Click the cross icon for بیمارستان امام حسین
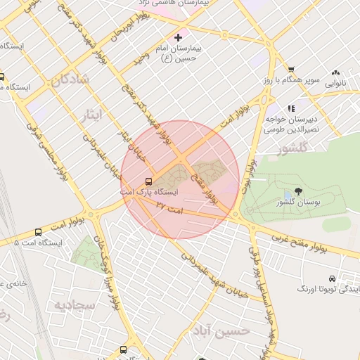(178, 37)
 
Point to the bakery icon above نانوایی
(336, 72)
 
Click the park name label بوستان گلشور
(295, 202)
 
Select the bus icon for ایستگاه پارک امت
(148, 181)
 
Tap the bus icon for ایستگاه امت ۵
(38, 231)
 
